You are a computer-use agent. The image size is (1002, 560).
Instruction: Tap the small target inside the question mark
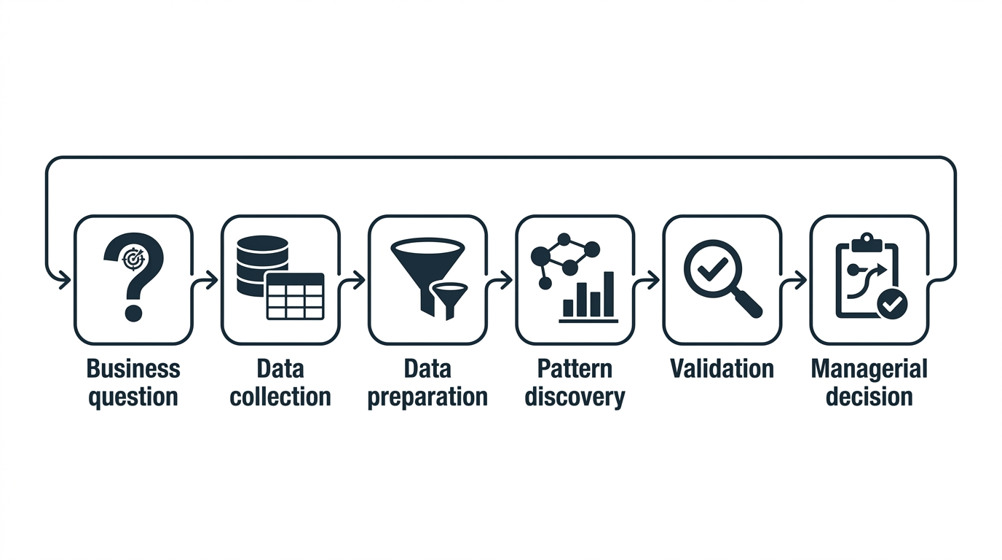click(133, 259)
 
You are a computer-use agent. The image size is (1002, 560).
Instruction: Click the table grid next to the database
click(295, 296)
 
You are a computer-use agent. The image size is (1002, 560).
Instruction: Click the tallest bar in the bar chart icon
click(609, 294)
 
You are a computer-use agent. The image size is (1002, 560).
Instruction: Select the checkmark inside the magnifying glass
click(713, 269)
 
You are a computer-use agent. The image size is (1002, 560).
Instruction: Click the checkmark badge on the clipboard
click(893, 304)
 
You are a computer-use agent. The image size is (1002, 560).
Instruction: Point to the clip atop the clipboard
click(867, 242)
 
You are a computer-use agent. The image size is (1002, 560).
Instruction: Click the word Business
click(133, 369)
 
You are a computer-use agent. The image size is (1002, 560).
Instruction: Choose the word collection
click(280, 397)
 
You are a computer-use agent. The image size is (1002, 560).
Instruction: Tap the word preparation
click(427, 398)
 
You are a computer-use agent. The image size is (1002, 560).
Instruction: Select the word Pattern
click(575, 369)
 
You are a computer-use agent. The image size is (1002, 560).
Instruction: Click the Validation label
click(722, 369)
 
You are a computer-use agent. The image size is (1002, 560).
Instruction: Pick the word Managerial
click(869, 369)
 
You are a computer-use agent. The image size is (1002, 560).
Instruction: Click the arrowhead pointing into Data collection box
click(212, 281)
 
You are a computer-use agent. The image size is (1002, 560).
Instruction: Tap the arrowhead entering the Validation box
click(653, 281)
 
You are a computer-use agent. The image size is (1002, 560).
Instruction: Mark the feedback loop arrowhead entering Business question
click(65, 281)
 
